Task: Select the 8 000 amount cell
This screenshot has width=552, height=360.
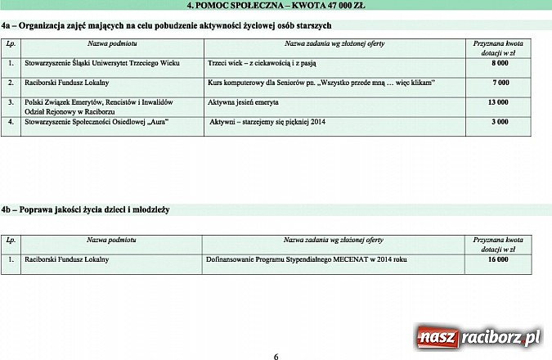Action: [499, 62]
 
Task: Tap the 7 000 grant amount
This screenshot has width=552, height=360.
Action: [499, 83]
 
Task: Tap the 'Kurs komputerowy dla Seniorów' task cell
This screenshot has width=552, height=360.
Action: [321, 83]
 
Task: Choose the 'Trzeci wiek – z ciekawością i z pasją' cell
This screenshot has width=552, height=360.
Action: [262, 62]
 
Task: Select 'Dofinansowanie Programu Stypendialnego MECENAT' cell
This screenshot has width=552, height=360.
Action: [307, 259]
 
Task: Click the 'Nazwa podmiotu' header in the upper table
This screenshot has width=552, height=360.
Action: [111, 43]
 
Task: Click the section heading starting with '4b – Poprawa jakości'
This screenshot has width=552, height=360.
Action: [85, 210]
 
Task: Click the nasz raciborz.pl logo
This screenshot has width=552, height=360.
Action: [478, 336]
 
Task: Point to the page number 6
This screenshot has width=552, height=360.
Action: [276, 356]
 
